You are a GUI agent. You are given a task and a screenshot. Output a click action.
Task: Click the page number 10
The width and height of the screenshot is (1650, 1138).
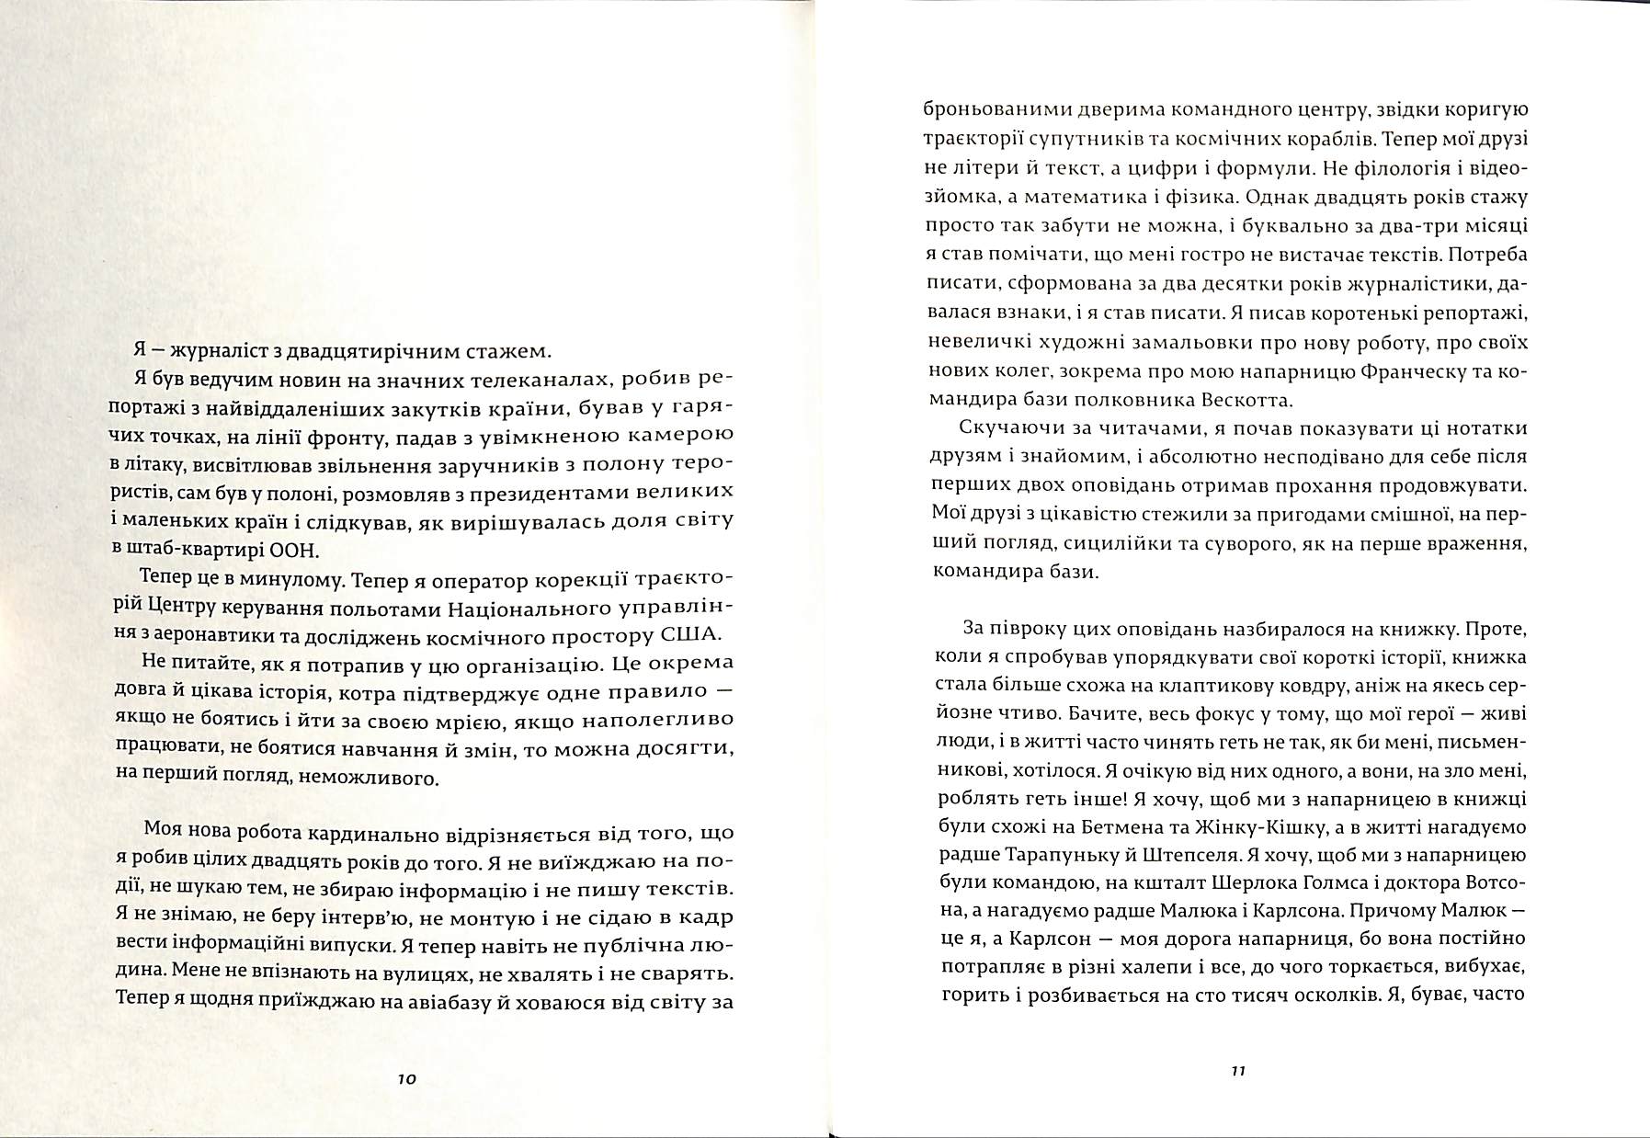407,1079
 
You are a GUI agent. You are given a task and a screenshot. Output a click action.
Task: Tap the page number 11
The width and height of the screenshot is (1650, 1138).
1236,1071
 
